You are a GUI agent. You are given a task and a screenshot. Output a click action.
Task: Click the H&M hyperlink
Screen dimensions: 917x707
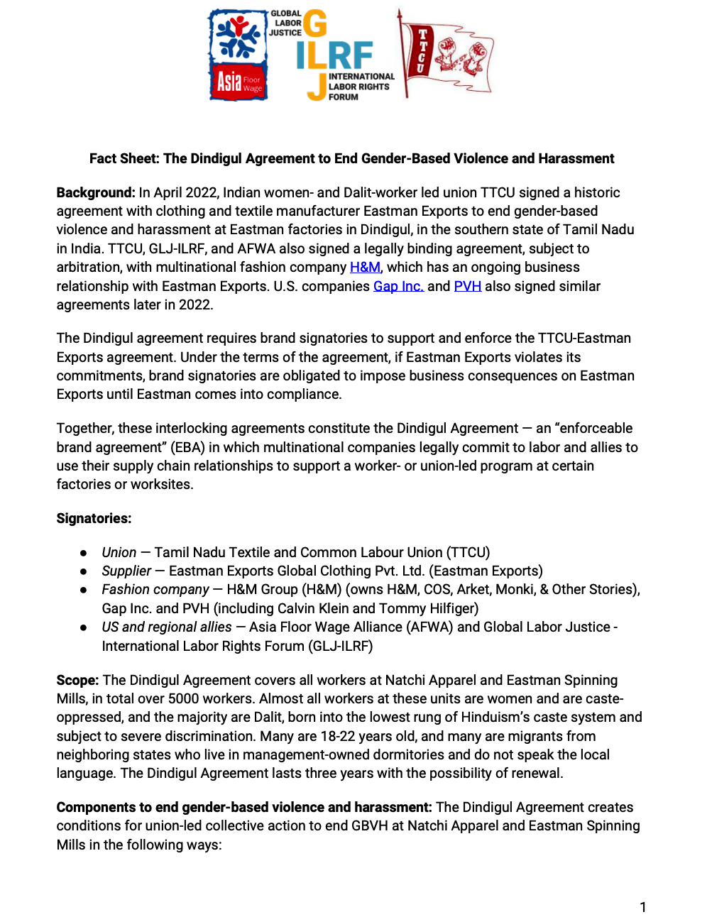click(x=365, y=268)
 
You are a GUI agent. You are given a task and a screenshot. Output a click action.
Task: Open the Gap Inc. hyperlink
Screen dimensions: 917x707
click(x=398, y=286)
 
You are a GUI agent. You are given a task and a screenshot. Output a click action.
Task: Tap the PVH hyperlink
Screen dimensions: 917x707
click(x=467, y=286)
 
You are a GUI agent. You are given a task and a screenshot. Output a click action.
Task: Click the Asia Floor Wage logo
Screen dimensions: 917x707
click(x=239, y=55)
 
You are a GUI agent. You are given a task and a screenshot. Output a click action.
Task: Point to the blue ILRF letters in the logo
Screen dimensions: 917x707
click(x=334, y=55)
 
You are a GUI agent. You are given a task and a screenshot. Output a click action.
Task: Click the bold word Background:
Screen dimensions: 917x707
click(x=96, y=192)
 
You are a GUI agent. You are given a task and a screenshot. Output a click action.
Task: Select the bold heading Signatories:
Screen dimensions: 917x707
click(x=94, y=518)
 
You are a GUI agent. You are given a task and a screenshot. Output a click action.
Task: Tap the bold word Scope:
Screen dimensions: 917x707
click(x=77, y=680)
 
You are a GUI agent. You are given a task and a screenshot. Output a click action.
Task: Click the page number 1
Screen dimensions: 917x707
click(x=643, y=907)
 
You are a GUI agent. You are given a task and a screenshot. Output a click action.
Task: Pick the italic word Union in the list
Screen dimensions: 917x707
click(x=119, y=552)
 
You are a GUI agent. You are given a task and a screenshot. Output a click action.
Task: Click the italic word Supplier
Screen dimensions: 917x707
click(x=126, y=571)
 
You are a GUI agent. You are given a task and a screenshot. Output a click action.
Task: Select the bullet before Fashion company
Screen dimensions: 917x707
click(x=84, y=590)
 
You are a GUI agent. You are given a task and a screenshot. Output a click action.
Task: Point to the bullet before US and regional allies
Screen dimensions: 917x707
click(x=84, y=627)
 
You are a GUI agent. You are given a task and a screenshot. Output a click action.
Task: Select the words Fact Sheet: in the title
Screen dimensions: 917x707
click(x=124, y=158)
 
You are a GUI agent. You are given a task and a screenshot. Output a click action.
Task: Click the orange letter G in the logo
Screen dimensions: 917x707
click(x=315, y=23)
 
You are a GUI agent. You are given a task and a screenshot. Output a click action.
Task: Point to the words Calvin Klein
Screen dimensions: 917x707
click(x=312, y=608)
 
